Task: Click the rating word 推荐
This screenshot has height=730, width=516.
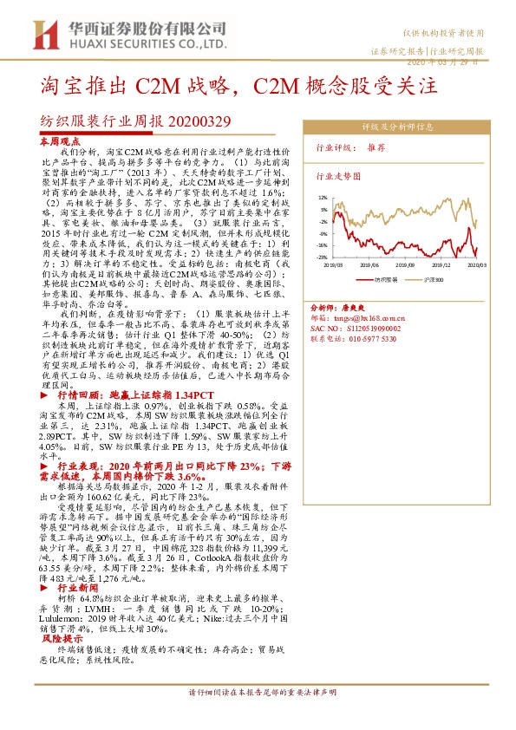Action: (x=376, y=147)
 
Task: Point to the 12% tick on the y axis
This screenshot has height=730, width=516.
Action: (x=323, y=198)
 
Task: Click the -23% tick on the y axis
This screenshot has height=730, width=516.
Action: (x=323, y=257)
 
